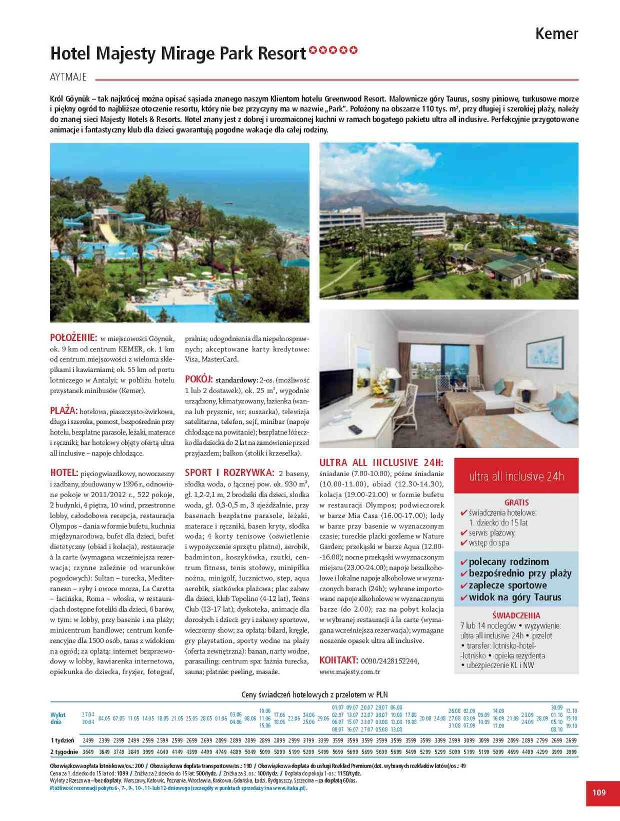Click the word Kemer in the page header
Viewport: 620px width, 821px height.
pyautogui.click(x=556, y=34)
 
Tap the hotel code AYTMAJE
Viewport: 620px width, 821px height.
pyautogui.click(x=68, y=77)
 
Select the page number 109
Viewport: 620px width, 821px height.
pyautogui.click(x=599, y=792)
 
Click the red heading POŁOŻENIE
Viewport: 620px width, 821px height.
pyautogui.click(x=73, y=338)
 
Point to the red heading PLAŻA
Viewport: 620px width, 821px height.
pyautogui.click(x=64, y=411)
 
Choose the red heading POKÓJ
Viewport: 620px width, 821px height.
pyautogui.click(x=199, y=379)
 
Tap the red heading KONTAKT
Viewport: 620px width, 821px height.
pyautogui.click(x=338, y=660)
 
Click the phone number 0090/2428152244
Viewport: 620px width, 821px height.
pyautogui.click(x=390, y=661)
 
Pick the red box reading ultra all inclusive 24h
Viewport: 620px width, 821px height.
pyautogui.click(x=516, y=476)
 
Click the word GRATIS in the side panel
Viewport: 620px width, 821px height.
pyautogui.click(x=516, y=503)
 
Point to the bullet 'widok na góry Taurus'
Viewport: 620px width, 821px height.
pyautogui.click(x=515, y=597)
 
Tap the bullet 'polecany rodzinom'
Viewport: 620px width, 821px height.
pyautogui.click(x=508, y=562)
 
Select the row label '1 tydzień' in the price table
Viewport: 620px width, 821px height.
pyautogui.click(x=63, y=740)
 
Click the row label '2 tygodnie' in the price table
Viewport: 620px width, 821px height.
pyautogui.click(x=64, y=752)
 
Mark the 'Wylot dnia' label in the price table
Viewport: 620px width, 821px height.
pyautogui.click(x=58, y=718)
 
